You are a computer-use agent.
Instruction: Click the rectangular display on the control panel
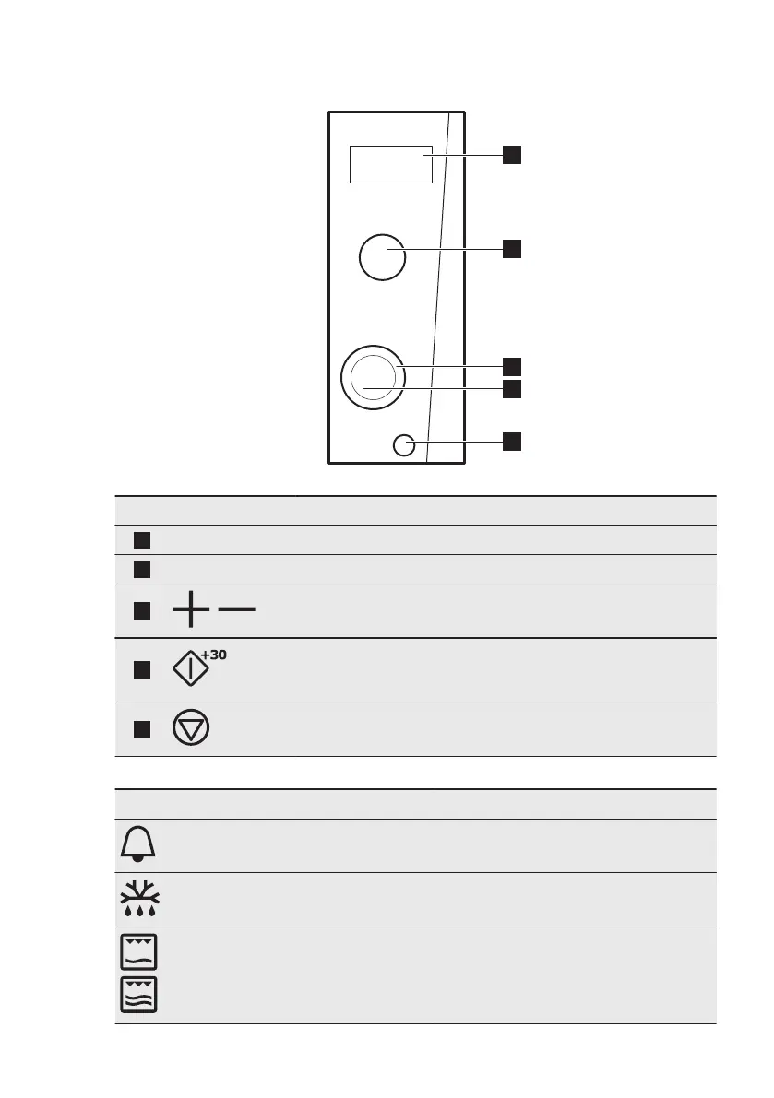click(x=390, y=164)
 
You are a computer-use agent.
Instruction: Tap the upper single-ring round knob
click(x=381, y=256)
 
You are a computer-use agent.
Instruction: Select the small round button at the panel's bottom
click(x=403, y=445)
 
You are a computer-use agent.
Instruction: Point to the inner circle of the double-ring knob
click(x=372, y=377)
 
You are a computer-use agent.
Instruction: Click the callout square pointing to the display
click(x=512, y=155)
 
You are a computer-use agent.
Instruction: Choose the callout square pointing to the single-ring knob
click(x=512, y=247)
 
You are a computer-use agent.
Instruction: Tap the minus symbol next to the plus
click(x=237, y=609)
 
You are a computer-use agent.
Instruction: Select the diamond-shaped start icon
click(x=191, y=669)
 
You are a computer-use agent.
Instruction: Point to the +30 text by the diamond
click(x=214, y=654)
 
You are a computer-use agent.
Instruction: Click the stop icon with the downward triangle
click(x=190, y=728)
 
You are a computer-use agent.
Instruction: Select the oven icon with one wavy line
click(x=138, y=951)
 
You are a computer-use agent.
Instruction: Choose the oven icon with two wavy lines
click(x=138, y=994)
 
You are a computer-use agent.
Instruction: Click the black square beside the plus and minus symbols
click(x=141, y=610)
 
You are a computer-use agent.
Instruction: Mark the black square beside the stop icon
click(x=141, y=729)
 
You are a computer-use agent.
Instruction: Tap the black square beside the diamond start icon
click(x=141, y=669)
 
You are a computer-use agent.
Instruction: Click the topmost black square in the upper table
click(x=141, y=540)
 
